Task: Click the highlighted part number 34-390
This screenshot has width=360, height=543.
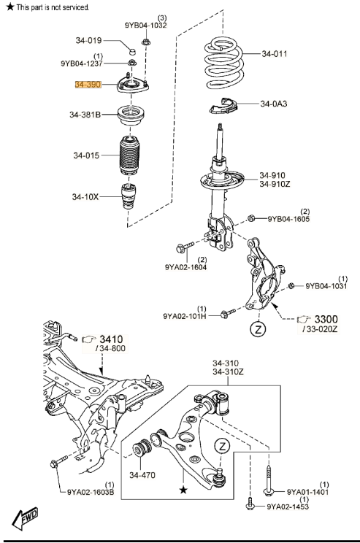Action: (88, 84)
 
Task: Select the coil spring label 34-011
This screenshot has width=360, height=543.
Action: (275, 54)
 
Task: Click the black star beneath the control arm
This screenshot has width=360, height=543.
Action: (183, 490)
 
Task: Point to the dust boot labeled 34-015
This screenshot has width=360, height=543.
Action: (129, 155)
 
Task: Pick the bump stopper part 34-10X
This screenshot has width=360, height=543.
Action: (129, 197)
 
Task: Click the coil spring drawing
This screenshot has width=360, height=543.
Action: (224, 63)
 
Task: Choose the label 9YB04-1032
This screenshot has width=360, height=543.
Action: (145, 26)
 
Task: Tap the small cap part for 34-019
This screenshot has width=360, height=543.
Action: (132, 52)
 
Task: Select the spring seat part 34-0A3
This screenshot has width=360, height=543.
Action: (224, 106)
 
